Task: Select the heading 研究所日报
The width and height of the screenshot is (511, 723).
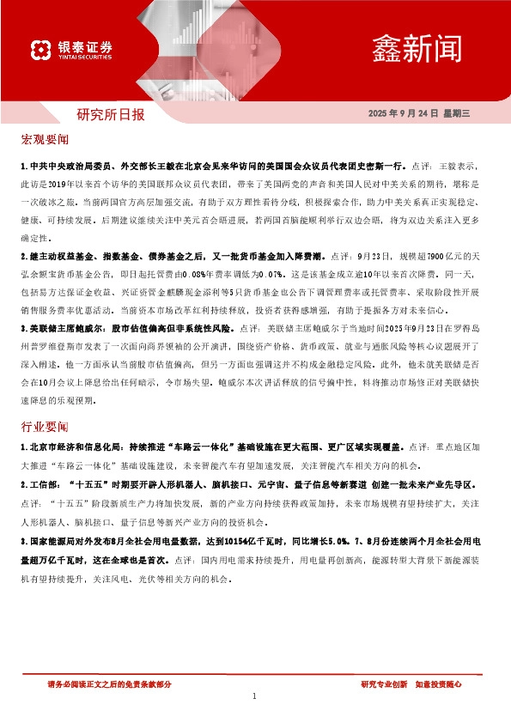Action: click(x=111, y=113)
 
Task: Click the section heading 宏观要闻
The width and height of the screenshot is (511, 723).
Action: click(x=45, y=139)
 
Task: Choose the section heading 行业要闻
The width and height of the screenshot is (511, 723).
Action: click(x=45, y=426)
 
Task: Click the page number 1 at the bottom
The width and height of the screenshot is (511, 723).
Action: click(x=255, y=696)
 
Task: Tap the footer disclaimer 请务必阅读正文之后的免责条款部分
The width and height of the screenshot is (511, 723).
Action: click(x=109, y=684)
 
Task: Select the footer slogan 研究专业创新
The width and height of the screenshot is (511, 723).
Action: click(x=384, y=684)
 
